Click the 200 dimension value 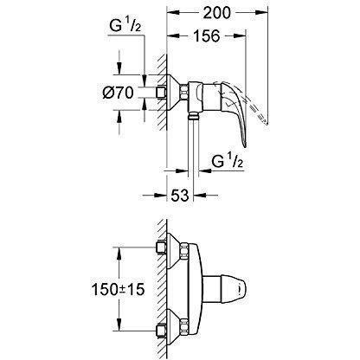(217, 13)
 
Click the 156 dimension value (207, 36)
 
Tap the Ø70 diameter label (119, 93)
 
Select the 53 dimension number (180, 196)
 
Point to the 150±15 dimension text (118, 289)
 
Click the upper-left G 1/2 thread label (125, 27)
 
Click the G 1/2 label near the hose (228, 162)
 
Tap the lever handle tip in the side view (244, 145)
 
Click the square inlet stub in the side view (161, 93)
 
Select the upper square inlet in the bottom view (161, 247)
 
